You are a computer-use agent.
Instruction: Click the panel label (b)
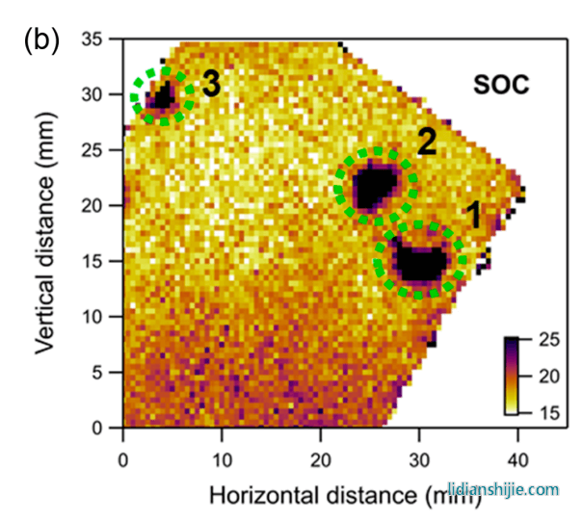pyautogui.click(x=40, y=39)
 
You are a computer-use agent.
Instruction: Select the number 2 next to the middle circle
pyautogui.click(x=427, y=143)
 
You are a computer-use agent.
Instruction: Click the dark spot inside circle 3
pyautogui.click(x=162, y=95)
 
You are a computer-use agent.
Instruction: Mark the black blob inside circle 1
pyautogui.click(x=422, y=261)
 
